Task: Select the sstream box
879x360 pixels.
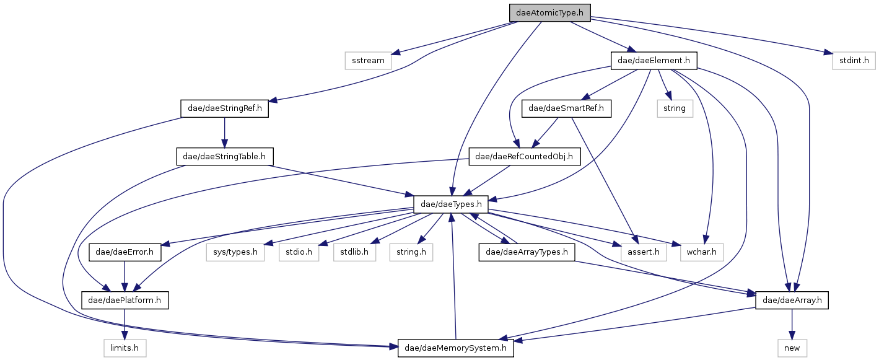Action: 368,61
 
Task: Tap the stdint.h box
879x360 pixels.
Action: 853,61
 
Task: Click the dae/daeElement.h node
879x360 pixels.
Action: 654,61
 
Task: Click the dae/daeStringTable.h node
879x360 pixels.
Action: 225,157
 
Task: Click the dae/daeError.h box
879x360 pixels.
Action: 125,253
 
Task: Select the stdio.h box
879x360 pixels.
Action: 299,253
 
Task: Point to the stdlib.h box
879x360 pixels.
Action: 354,253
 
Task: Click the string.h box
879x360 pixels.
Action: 411,253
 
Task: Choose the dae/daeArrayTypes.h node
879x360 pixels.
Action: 527,253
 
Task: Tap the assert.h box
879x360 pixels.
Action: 643,253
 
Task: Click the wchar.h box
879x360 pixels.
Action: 701,253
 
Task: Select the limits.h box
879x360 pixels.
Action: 125,349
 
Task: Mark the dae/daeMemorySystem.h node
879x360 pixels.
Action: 456,349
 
